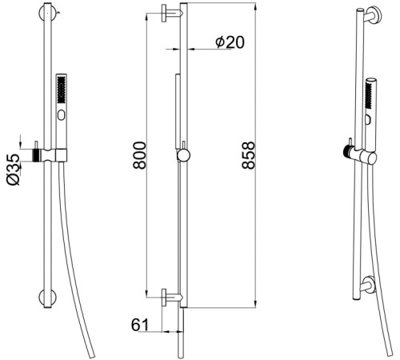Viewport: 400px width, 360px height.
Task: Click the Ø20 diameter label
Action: pyautogui.click(x=230, y=42)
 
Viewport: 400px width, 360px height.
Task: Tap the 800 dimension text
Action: pyautogui.click(x=140, y=155)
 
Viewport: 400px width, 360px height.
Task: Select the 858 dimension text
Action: pyautogui.click(x=248, y=155)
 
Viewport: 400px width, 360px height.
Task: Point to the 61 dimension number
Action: pyautogui.click(x=140, y=325)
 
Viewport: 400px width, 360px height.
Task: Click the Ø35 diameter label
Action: pyautogui.click(x=14, y=170)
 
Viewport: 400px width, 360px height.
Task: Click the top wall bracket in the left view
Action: pyautogui.click(x=47, y=13)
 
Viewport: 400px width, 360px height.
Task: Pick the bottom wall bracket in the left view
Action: pyautogui.click(x=47, y=297)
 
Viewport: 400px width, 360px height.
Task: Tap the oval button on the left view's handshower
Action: pyautogui.click(x=62, y=115)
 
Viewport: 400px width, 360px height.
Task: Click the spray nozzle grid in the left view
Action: pyautogui.click(x=62, y=90)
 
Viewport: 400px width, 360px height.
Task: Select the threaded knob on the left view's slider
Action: pyautogui.click(x=36, y=154)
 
